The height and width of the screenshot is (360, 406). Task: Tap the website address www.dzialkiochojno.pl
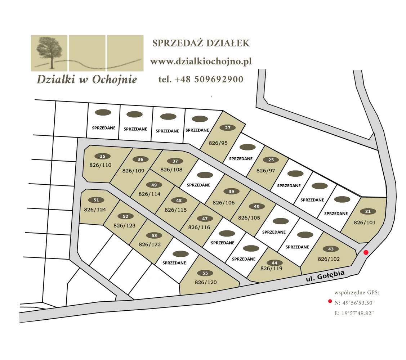(201, 62)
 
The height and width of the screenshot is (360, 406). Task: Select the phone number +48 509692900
(201, 79)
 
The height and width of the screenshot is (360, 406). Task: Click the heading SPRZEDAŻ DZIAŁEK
(201, 43)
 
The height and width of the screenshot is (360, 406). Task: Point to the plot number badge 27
(227, 128)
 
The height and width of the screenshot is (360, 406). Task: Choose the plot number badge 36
(140, 159)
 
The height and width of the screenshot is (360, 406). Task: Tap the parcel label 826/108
(171, 169)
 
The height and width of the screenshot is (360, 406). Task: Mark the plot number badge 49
(154, 185)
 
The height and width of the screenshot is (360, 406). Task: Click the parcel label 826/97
(266, 170)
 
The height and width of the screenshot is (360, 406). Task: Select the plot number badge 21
(368, 211)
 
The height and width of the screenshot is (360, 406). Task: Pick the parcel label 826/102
(329, 258)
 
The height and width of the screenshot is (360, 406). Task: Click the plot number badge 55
(205, 273)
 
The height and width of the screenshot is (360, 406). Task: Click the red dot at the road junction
(366, 252)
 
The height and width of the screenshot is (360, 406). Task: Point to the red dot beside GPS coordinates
(329, 302)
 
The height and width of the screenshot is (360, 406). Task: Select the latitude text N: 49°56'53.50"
(354, 302)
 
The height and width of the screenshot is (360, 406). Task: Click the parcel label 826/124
(95, 209)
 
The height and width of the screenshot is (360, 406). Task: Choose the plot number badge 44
(275, 262)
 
